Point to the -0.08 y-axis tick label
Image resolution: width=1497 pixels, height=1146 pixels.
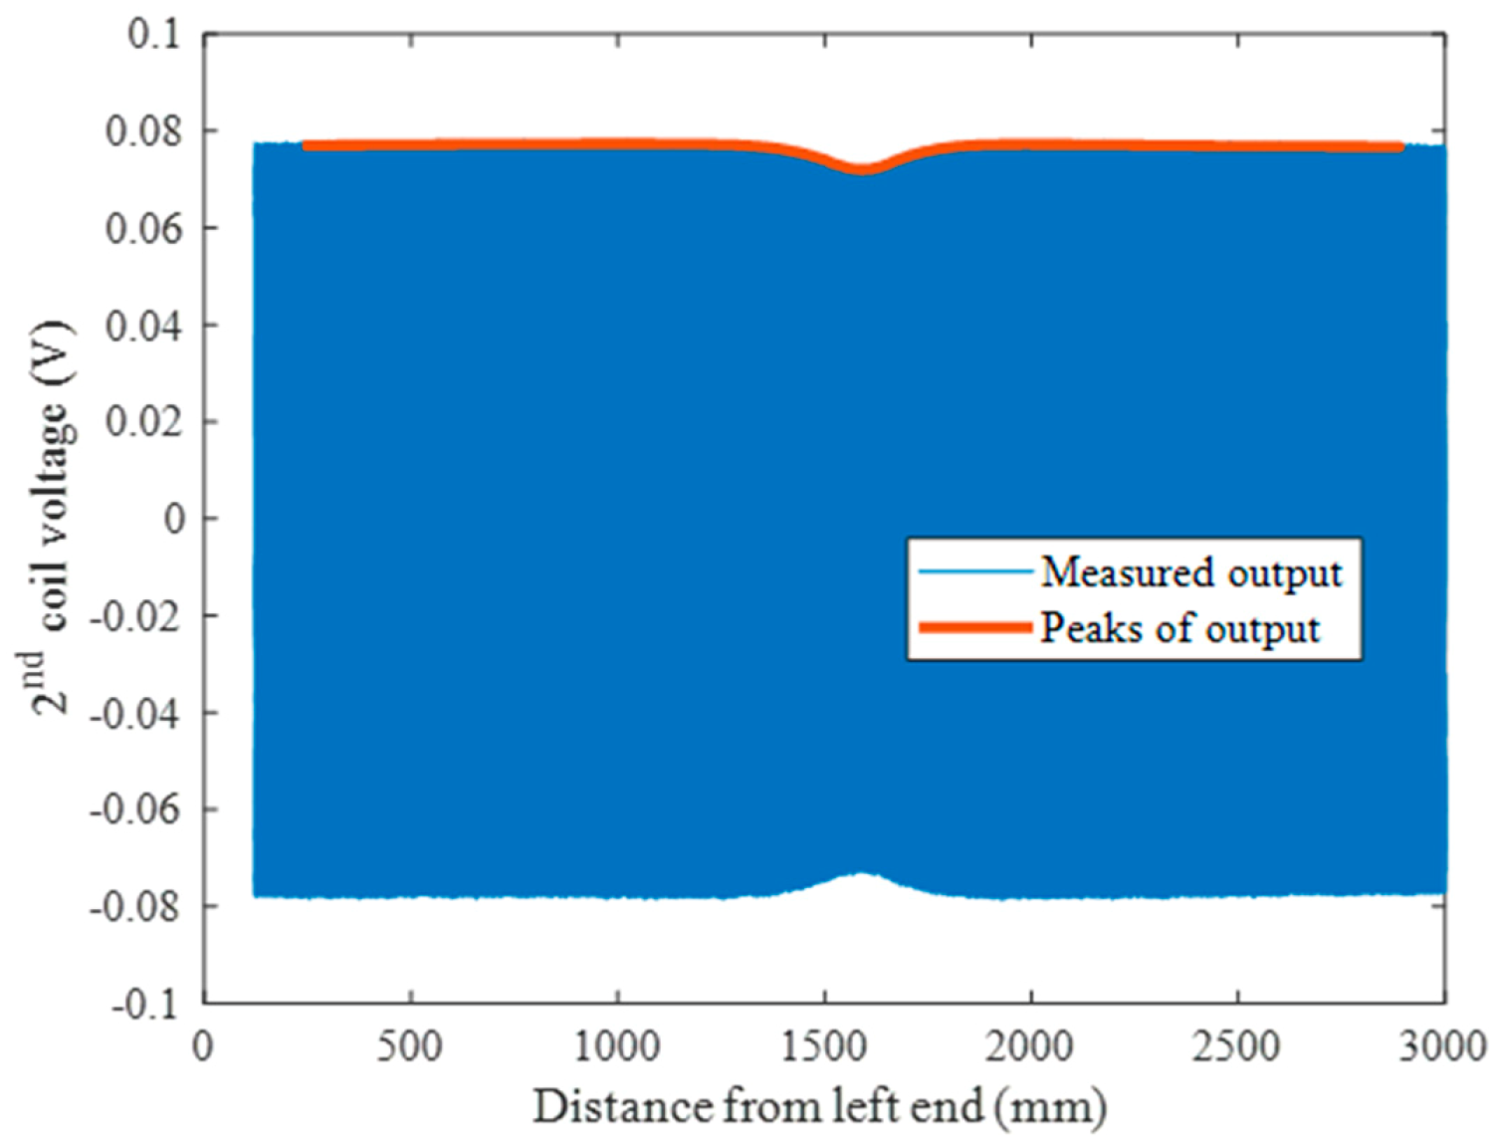(135, 906)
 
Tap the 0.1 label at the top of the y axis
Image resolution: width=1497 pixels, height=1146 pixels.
(154, 35)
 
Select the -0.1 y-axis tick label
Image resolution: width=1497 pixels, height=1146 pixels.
(145, 1004)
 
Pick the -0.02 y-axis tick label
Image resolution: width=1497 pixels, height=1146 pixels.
(135, 616)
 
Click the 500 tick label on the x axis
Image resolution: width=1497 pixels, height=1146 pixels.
(409, 1046)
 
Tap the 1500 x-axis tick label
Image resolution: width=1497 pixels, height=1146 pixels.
(823, 1046)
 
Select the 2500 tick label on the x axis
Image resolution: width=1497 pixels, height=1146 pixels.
(1237, 1046)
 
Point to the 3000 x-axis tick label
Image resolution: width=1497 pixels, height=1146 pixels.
(1443, 1046)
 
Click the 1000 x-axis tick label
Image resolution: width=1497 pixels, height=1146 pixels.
(616, 1046)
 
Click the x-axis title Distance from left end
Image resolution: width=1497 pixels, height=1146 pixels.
(819, 1106)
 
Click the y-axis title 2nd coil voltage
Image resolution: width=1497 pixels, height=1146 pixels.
(50, 518)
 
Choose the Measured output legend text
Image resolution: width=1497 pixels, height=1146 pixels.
(1191, 573)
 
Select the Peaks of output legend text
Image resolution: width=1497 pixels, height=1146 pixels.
(1180, 628)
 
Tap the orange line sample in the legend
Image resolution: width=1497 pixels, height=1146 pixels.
(973, 627)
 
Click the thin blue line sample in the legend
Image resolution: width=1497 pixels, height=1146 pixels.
(973, 572)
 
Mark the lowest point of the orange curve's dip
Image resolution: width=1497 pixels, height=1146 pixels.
(862, 169)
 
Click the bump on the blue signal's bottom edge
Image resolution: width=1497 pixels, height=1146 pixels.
(863, 874)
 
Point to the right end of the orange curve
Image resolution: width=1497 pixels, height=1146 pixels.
(1400, 147)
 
